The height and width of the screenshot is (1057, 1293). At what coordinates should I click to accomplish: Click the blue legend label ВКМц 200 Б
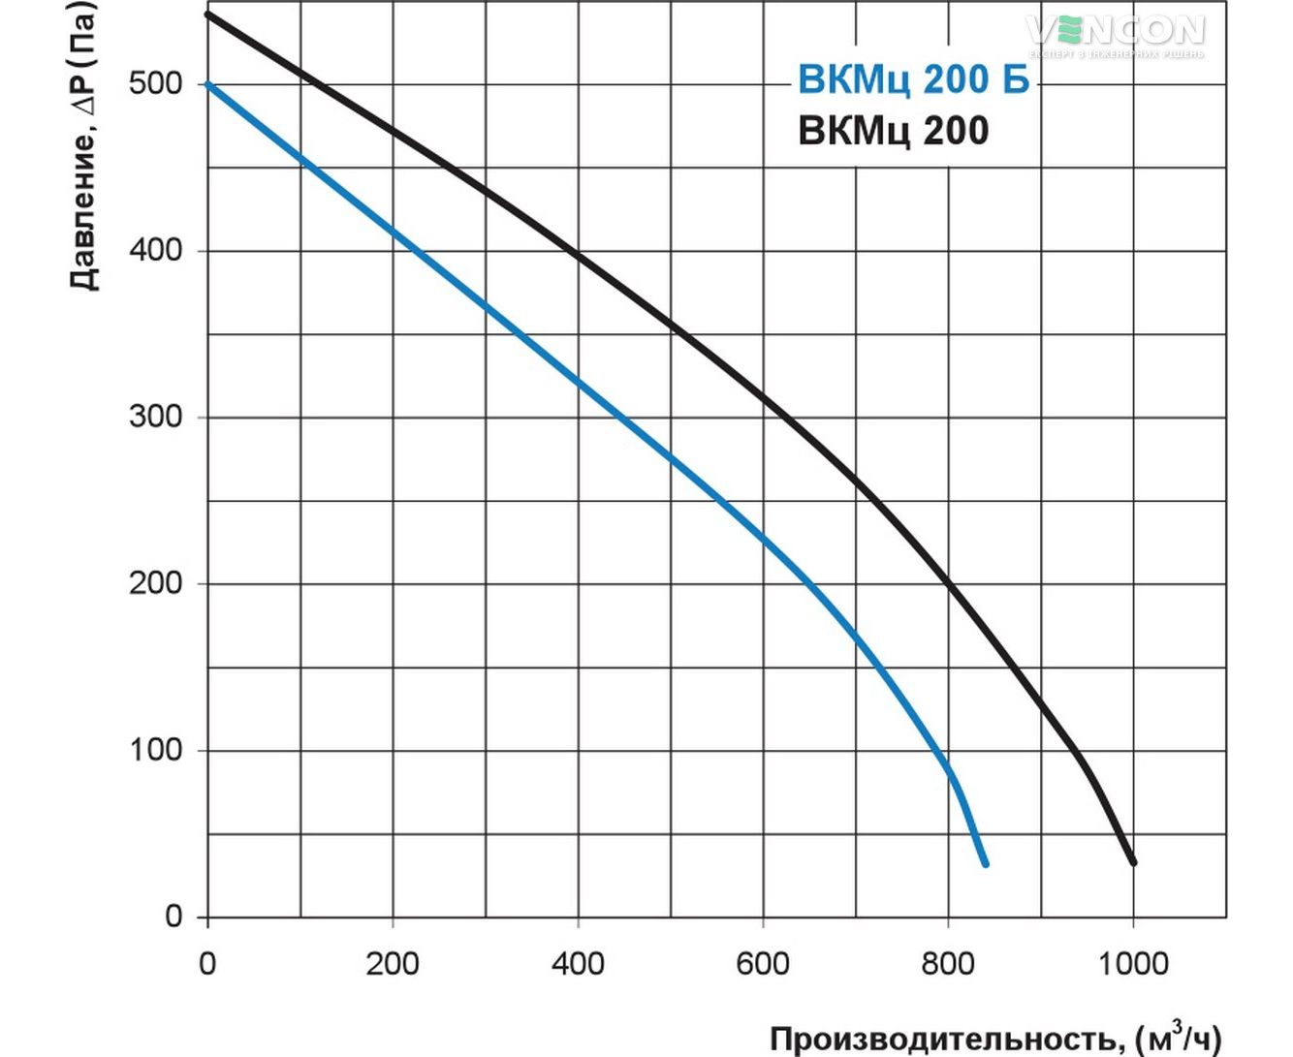pos(912,79)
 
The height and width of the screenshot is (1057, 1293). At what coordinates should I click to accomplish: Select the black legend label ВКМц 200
pos(893,130)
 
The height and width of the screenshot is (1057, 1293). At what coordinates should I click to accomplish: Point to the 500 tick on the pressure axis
pos(155,83)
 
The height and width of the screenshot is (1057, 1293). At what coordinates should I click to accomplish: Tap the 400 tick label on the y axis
pos(155,250)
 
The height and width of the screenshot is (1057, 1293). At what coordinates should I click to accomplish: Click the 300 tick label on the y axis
pos(155,417)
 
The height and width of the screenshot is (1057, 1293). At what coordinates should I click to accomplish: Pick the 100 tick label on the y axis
pos(155,750)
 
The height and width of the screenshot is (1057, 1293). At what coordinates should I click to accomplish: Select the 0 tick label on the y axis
pos(173,916)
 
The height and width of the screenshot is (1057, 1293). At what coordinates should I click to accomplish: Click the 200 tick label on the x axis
pos(392,963)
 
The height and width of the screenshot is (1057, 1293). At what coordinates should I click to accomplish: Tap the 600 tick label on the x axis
pos(763,963)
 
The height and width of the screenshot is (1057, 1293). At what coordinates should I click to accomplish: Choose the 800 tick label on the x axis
pos(948,963)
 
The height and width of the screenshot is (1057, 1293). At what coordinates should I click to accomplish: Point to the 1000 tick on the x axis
pos(1132,963)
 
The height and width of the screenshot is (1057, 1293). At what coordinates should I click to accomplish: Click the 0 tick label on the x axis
pos(206,963)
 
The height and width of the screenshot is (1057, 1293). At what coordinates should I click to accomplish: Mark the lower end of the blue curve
pos(985,862)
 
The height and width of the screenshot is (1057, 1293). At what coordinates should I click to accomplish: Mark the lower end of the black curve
pos(1132,861)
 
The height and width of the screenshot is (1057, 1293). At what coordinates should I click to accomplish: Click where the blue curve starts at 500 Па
pos(208,84)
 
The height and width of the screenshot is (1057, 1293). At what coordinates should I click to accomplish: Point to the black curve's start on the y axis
pos(208,15)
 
